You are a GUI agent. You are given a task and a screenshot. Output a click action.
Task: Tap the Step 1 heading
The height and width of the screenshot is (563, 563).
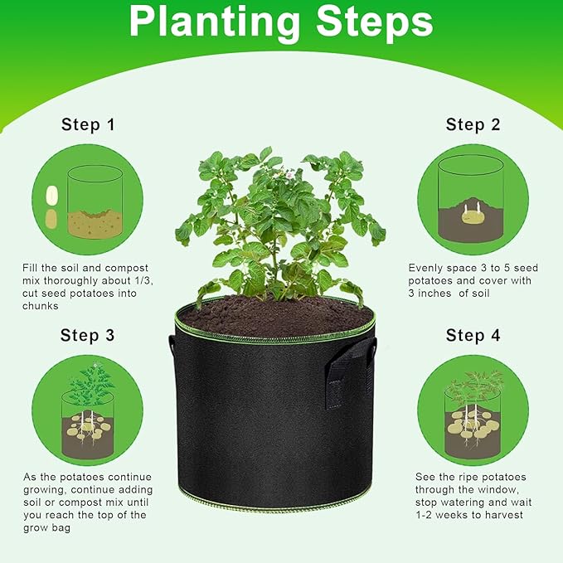[88, 125]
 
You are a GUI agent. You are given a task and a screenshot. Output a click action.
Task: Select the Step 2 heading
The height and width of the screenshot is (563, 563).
[473, 124]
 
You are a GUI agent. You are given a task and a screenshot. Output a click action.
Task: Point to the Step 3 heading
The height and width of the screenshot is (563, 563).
[88, 336]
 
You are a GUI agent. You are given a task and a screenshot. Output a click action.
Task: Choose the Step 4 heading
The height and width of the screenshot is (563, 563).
[473, 336]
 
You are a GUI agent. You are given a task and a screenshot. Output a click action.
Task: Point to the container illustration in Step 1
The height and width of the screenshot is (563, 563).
[95, 203]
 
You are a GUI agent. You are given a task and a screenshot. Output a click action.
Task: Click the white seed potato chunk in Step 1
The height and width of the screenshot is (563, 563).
[52, 195]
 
